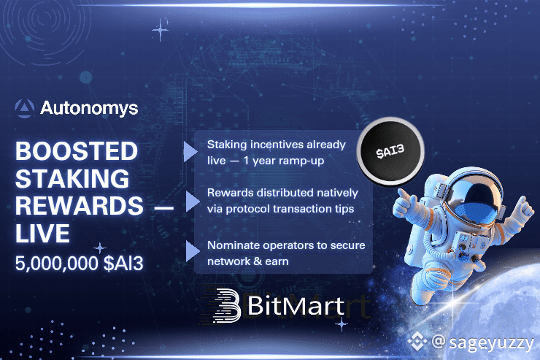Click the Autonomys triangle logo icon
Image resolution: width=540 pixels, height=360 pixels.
tap(25, 108)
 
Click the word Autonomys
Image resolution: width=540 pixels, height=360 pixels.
tap(89, 109)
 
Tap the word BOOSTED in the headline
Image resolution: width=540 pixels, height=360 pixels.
tap(77, 151)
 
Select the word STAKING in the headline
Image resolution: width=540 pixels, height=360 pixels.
tap(72, 178)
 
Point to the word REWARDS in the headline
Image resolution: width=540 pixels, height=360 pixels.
tap(80, 206)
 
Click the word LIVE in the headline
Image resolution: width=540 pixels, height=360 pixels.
tap(43, 233)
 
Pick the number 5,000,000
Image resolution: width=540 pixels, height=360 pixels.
tap(57, 264)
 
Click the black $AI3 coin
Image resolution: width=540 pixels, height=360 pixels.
tap(390, 152)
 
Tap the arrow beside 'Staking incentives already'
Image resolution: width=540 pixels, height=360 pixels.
tap(190, 151)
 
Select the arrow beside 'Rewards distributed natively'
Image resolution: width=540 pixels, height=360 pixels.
tap(192, 202)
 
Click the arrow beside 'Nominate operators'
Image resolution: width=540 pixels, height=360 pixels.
tap(192, 250)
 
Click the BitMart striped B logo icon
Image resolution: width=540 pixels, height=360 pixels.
tap(226, 305)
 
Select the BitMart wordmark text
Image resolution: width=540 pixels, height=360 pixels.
tap(296, 305)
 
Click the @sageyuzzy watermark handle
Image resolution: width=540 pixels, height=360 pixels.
tap(482, 342)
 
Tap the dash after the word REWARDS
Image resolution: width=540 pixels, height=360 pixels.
tap(164, 207)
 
